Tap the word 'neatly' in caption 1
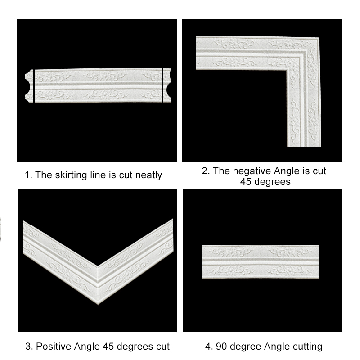tap(148, 175)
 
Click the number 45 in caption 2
tap(246, 182)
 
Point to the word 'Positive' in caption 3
tap(54, 346)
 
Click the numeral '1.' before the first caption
tap(28, 175)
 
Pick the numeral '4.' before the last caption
tap(209, 346)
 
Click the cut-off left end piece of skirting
tap(29, 86)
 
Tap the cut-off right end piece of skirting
tap(167, 85)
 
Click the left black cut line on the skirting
tap(34, 86)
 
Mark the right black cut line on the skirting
tap(162, 85)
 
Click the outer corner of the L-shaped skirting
tap(319, 37)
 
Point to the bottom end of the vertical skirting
tap(304, 146)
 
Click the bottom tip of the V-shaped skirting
tap(98, 305)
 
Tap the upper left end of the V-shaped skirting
tap(23, 221)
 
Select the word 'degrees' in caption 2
tap(273, 182)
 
